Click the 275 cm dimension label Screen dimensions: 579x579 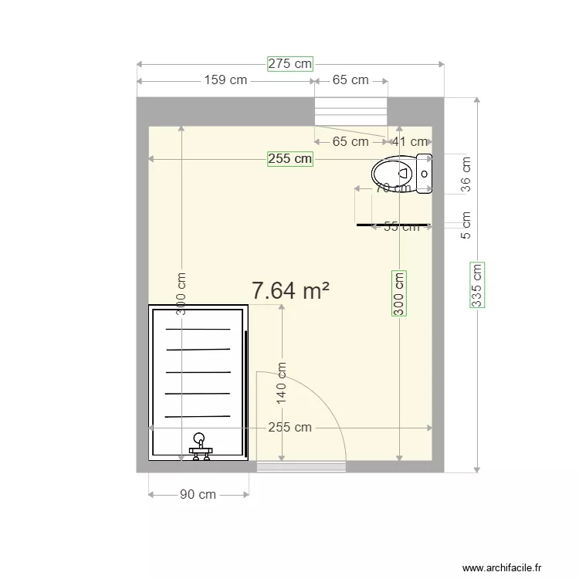[290, 64]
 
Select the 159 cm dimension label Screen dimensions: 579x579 [225, 80]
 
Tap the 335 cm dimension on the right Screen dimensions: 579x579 [477, 286]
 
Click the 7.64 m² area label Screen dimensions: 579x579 [290, 290]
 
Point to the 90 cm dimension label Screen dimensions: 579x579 [198, 495]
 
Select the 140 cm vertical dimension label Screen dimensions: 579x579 [282, 384]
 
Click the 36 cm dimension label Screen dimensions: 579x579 [465, 175]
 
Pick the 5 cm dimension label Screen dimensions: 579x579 [465, 225]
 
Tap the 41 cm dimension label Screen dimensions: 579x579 [409, 141]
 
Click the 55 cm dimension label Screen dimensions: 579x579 [401, 226]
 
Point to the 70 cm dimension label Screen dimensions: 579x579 [392, 188]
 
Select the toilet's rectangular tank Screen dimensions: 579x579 [425, 174]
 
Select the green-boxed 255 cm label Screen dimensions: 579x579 [290, 159]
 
